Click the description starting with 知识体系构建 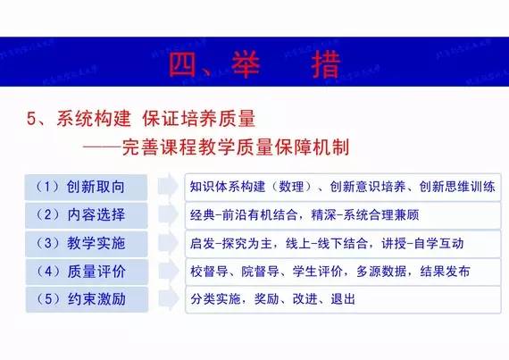pyautogui.click(x=342, y=188)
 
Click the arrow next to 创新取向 pyautogui.click(x=167, y=188)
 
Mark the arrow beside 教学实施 pyautogui.click(x=167, y=243)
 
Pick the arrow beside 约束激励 pyautogui.click(x=167, y=297)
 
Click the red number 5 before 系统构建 pyautogui.click(x=30, y=118)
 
